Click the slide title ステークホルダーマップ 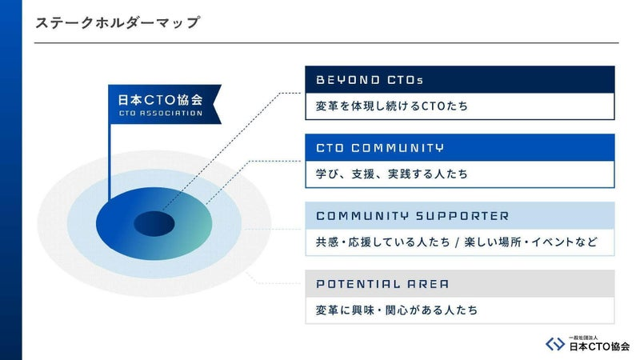click(118, 22)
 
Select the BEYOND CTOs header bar click(459, 79)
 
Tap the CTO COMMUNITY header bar click(459, 147)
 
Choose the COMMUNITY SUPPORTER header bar click(459, 215)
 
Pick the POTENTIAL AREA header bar click(459, 284)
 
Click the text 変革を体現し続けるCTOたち click(392, 106)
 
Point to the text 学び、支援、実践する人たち click(392, 174)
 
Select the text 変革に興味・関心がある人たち click(397, 310)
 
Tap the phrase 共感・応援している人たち click(383, 242)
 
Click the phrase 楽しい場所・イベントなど click(530, 242)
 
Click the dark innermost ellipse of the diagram click(154, 224)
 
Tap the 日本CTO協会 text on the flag click(161, 99)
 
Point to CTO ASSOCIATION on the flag click(161, 113)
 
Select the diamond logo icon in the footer click(555, 344)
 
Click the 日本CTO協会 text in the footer click(599, 347)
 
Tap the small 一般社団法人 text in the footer click(583, 338)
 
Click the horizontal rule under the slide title click(326, 42)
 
